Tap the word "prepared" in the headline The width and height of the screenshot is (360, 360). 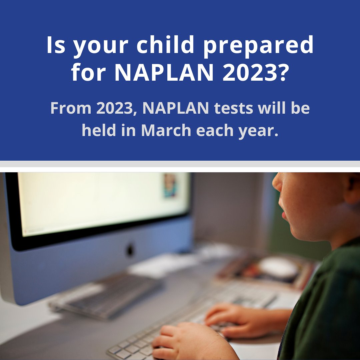[x=259, y=46]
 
